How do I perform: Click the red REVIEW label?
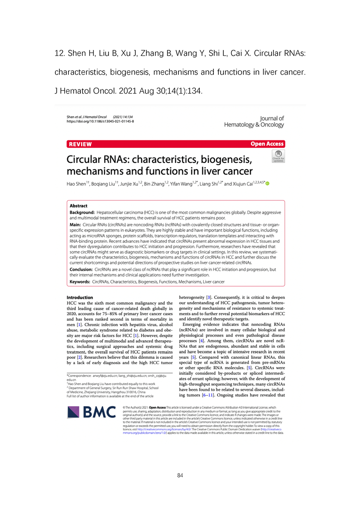(80, 144)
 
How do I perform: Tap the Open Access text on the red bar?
(267, 144)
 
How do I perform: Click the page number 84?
(180, 475)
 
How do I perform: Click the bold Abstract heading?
(79, 206)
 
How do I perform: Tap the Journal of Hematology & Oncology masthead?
(254, 122)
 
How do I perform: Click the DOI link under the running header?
(100, 122)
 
